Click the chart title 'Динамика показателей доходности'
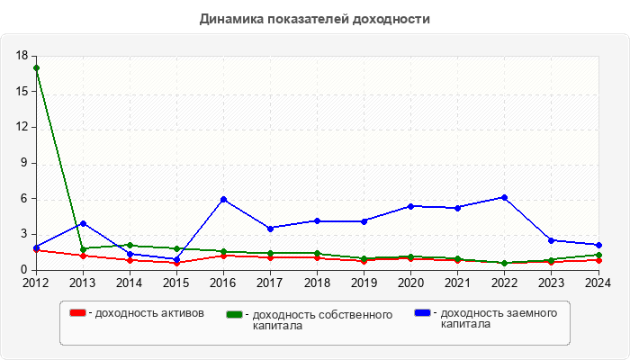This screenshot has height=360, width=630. pos(314,19)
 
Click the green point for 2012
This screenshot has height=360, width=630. pos(36,68)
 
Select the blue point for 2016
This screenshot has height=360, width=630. pos(223,199)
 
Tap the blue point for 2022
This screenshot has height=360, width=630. pos(504,197)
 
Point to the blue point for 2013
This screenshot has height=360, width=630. pos(83,223)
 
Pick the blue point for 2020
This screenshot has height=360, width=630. pos(410,206)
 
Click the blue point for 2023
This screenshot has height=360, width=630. pos(551,240)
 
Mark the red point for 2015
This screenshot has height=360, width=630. pos(176,263)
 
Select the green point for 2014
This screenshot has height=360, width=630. pos(130,245)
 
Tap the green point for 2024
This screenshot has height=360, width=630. pos(598,255)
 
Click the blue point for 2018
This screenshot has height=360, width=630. pos(317,220)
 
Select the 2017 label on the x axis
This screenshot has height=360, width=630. pos(270,283)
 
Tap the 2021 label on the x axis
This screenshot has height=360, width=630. pos(457,283)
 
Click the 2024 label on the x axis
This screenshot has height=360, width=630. pos(598,283)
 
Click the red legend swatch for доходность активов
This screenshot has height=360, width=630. pos(77,313)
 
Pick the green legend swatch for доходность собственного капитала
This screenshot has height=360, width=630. pos(235,314)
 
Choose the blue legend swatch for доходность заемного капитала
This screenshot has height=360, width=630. pos(422,313)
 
